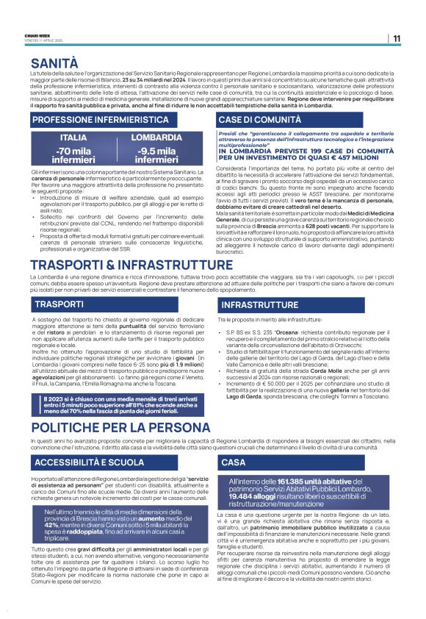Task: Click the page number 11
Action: click(x=397, y=38)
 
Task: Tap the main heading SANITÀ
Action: click(x=54, y=64)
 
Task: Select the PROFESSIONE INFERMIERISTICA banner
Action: click(x=100, y=119)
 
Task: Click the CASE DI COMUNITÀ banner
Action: click(x=259, y=119)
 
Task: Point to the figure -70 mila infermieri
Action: click(x=73, y=156)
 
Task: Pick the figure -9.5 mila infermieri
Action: click(x=156, y=156)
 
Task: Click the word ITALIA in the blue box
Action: click(x=73, y=137)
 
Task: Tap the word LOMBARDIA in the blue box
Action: click(x=156, y=137)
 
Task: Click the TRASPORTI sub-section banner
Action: click(x=59, y=304)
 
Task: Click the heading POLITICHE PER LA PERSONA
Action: click(x=120, y=427)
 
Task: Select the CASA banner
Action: click(x=233, y=462)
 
